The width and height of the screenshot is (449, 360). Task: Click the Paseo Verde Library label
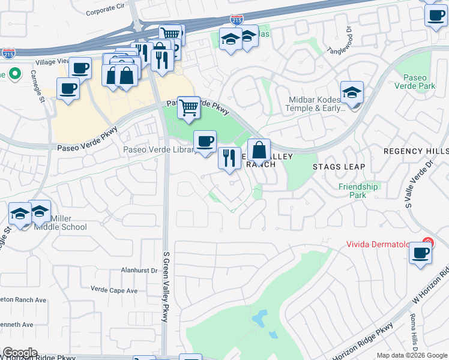tap(158, 150)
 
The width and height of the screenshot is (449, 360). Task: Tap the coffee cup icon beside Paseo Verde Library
tap(205, 142)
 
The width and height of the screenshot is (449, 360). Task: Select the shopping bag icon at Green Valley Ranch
tap(259, 149)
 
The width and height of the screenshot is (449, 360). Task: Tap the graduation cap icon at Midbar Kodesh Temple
tap(352, 92)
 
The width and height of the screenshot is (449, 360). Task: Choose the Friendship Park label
tap(358, 191)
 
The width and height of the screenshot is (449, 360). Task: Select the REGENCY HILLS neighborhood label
tap(416, 151)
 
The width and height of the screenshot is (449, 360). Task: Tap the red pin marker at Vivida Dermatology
tap(426, 243)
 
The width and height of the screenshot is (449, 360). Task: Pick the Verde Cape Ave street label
tap(114, 290)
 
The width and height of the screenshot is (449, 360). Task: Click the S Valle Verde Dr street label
tap(411, 184)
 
